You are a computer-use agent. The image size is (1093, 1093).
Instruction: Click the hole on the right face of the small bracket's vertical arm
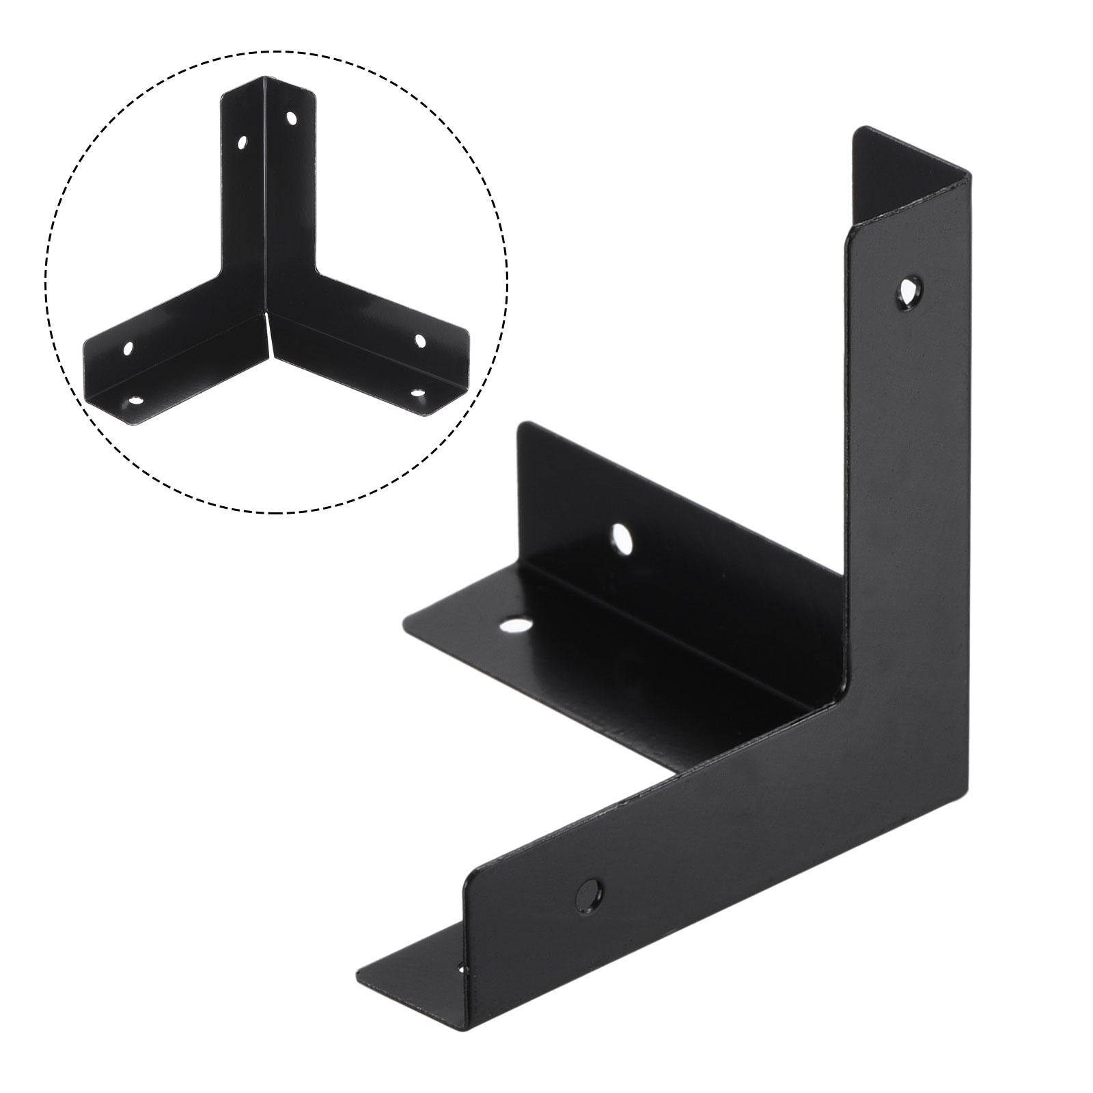(x=292, y=118)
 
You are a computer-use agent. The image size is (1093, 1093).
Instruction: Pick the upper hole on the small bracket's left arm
(x=128, y=349)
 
